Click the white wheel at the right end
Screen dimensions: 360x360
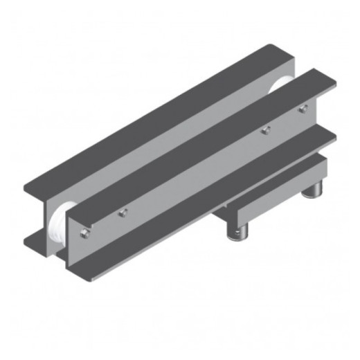click(282, 90)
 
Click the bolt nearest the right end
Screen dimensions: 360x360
click(302, 108)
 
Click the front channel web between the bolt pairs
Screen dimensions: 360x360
click(194, 173)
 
